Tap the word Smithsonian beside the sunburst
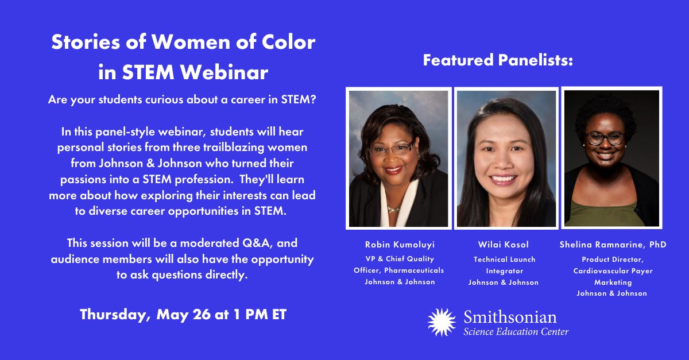click(x=510, y=316)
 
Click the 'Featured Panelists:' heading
click(x=498, y=60)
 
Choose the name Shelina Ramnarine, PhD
click(x=613, y=245)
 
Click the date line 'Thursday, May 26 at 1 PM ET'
click(x=183, y=315)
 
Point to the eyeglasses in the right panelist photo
click(x=605, y=138)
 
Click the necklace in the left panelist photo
click(x=394, y=209)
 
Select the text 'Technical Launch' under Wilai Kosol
click(x=504, y=260)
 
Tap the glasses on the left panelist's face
click(x=391, y=149)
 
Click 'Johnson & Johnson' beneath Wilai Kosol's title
click(x=504, y=282)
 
